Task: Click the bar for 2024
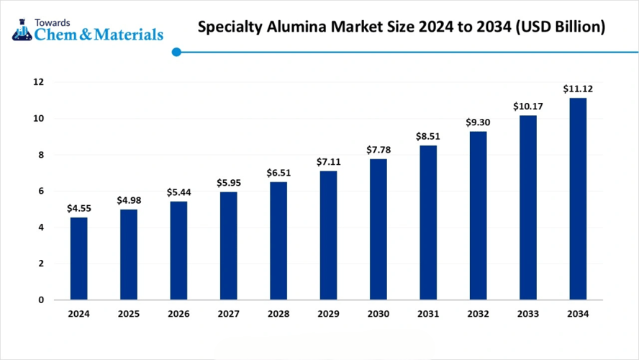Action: [x=78, y=258]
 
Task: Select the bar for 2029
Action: [x=328, y=235]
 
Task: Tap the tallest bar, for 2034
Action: [x=578, y=199]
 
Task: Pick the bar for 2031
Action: [x=428, y=222]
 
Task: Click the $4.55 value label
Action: [x=78, y=208]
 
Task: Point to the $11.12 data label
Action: [x=578, y=89]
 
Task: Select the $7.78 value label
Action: [x=379, y=150]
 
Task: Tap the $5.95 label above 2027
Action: [x=228, y=183]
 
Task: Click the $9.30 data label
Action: [x=478, y=122]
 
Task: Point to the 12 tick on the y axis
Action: [x=38, y=82]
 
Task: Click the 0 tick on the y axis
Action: [x=41, y=300]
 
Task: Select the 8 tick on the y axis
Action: [x=41, y=155]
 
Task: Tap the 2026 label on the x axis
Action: [x=178, y=314]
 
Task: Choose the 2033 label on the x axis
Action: [x=527, y=314]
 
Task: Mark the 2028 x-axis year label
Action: [x=278, y=314]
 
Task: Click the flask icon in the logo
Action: [x=22, y=29]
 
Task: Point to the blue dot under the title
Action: [x=176, y=52]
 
